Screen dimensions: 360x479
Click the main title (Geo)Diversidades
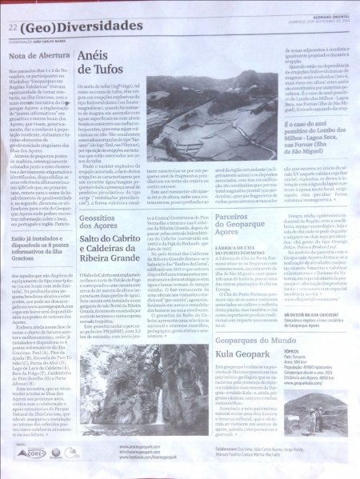(75, 26)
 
